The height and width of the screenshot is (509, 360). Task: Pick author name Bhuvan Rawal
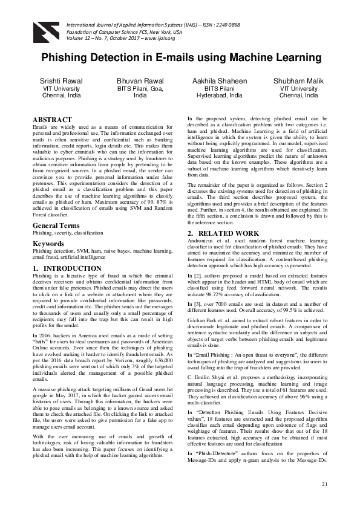[140, 81]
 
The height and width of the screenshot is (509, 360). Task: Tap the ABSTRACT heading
[51, 120]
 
